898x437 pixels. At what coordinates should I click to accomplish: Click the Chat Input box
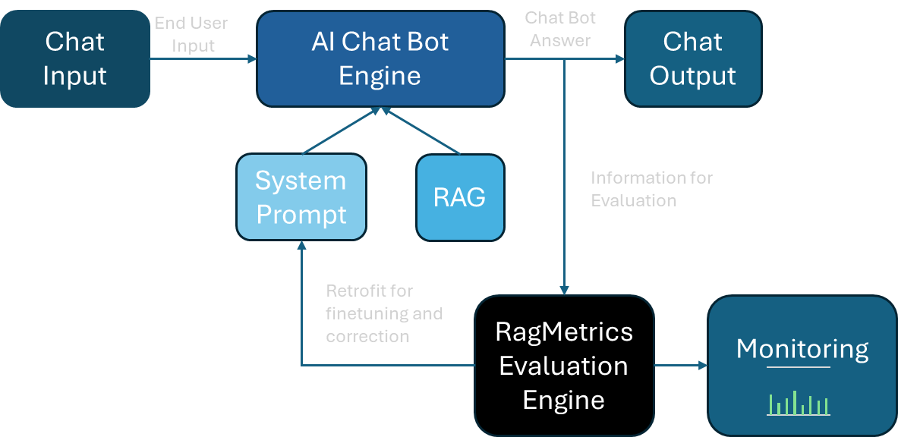click(x=74, y=58)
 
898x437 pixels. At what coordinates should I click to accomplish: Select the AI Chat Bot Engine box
click(x=380, y=58)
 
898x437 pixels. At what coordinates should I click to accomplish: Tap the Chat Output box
click(x=692, y=58)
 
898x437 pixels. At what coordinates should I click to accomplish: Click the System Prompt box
click(x=301, y=197)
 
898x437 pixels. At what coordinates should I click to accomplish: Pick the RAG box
click(x=460, y=197)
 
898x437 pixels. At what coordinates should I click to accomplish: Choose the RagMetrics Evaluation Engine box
click(x=563, y=366)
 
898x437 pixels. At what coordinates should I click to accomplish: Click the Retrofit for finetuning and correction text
click(x=384, y=313)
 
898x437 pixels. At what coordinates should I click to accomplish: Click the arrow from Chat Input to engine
click(x=203, y=59)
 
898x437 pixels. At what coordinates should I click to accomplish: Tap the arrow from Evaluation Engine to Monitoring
click(x=680, y=366)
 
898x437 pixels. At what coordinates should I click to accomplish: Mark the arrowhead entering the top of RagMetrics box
click(x=564, y=289)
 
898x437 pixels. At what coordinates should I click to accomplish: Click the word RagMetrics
click(x=563, y=332)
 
